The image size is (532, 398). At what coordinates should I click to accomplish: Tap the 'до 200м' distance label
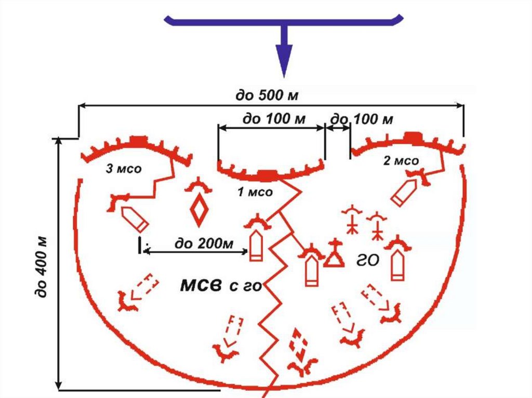(x=203, y=242)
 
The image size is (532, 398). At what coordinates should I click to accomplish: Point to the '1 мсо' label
(x=255, y=193)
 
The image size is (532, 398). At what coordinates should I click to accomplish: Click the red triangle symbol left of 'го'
(x=334, y=258)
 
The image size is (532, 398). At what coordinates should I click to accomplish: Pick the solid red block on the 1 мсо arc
(x=267, y=175)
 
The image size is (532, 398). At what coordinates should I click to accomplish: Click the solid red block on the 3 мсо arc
(x=138, y=140)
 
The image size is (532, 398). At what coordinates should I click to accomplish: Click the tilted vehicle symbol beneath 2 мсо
(x=404, y=193)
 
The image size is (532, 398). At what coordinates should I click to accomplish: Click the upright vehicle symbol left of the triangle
(x=311, y=270)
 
